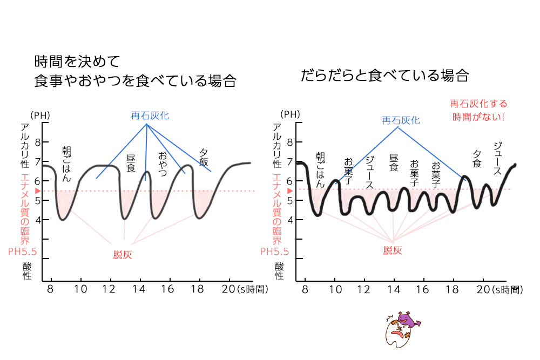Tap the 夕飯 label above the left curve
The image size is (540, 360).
204,157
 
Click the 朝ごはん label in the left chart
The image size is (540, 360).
66,164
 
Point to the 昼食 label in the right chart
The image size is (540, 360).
394,162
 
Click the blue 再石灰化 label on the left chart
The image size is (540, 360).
150,116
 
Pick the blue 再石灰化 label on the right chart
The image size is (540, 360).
401,120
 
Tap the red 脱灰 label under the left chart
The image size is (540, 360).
123,255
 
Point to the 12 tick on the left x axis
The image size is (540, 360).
111,289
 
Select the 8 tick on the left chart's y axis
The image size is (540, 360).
38,142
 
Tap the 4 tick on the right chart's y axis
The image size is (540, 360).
290,220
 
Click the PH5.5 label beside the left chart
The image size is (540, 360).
22,251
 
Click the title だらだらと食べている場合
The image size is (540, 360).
384,75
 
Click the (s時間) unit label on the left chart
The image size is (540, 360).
252,289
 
